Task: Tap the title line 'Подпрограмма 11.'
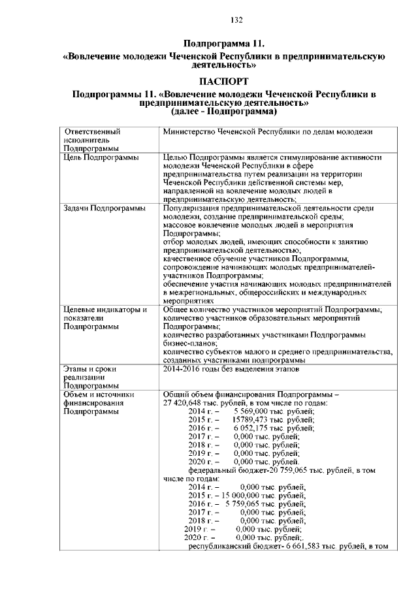(224, 44)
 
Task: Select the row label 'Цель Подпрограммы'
(101, 158)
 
